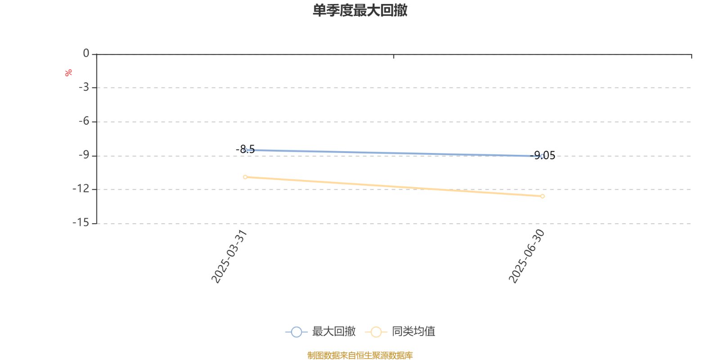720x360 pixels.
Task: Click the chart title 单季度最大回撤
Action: tap(360, 10)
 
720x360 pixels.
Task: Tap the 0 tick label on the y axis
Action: tap(86, 53)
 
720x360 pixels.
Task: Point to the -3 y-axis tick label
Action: tap(84, 87)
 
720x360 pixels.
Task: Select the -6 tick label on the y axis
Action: tap(84, 121)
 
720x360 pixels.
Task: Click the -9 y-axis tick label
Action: tap(84, 155)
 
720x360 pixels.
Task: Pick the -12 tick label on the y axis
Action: tap(81, 189)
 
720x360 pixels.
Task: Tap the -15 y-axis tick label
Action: tap(81, 222)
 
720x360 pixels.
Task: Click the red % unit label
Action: tap(68, 73)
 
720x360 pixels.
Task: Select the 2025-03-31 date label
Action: tap(229, 256)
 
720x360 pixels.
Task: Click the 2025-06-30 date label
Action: tap(526, 256)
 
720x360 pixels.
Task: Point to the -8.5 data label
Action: tap(245, 149)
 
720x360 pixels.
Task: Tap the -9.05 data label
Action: tap(543, 156)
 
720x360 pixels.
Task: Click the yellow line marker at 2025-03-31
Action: tap(245, 177)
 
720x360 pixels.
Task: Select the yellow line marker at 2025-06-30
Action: tap(543, 196)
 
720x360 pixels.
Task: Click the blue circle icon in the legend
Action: tap(297, 332)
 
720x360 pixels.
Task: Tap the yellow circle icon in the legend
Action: tap(376, 332)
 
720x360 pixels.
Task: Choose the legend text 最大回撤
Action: tap(334, 331)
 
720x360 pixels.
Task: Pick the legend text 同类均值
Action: tap(414, 331)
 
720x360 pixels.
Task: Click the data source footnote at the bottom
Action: tap(360, 355)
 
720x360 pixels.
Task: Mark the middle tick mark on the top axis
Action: tap(394, 56)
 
